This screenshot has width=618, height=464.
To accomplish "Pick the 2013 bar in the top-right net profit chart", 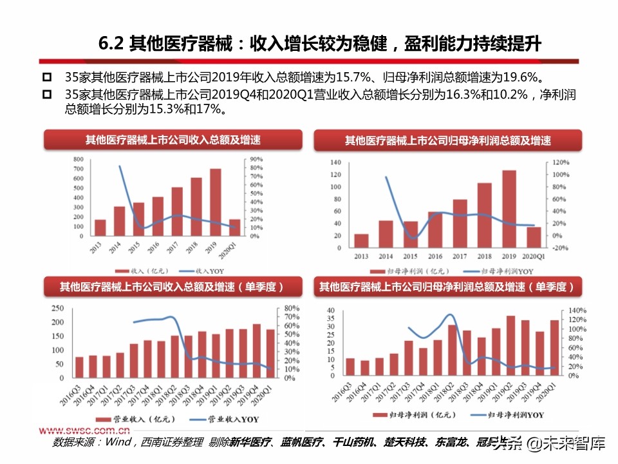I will click(x=362, y=240).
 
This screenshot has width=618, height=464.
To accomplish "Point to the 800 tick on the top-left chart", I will click(x=78, y=159).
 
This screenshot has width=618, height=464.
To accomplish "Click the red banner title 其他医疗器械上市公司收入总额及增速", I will click(x=173, y=140).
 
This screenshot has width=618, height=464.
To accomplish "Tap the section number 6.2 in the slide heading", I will click(x=112, y=45).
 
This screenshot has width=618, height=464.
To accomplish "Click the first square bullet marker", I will click(x=46, y=77).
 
